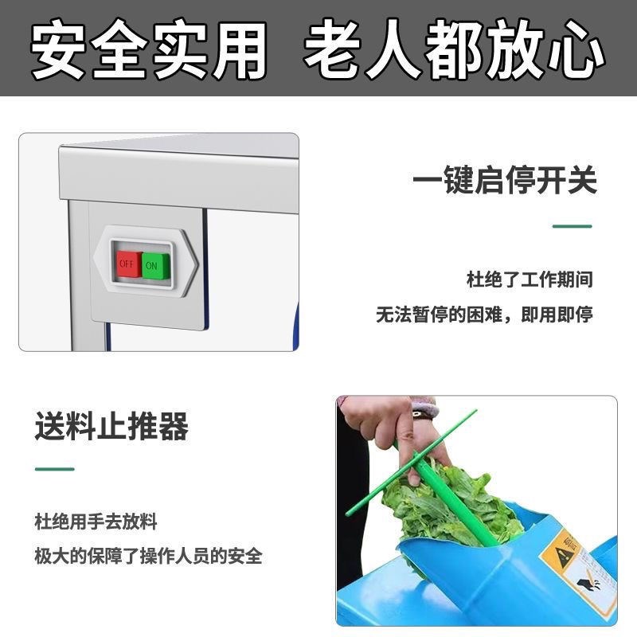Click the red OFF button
(127, 262)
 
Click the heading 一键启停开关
(504, 180)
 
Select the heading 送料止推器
(111, 427)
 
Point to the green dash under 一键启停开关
(572, 226)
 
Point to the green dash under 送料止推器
(54, 469)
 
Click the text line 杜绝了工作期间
(529, 280)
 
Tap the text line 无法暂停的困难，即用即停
(484, 315)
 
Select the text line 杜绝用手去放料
(96, 522)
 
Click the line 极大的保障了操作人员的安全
(148, 556)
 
